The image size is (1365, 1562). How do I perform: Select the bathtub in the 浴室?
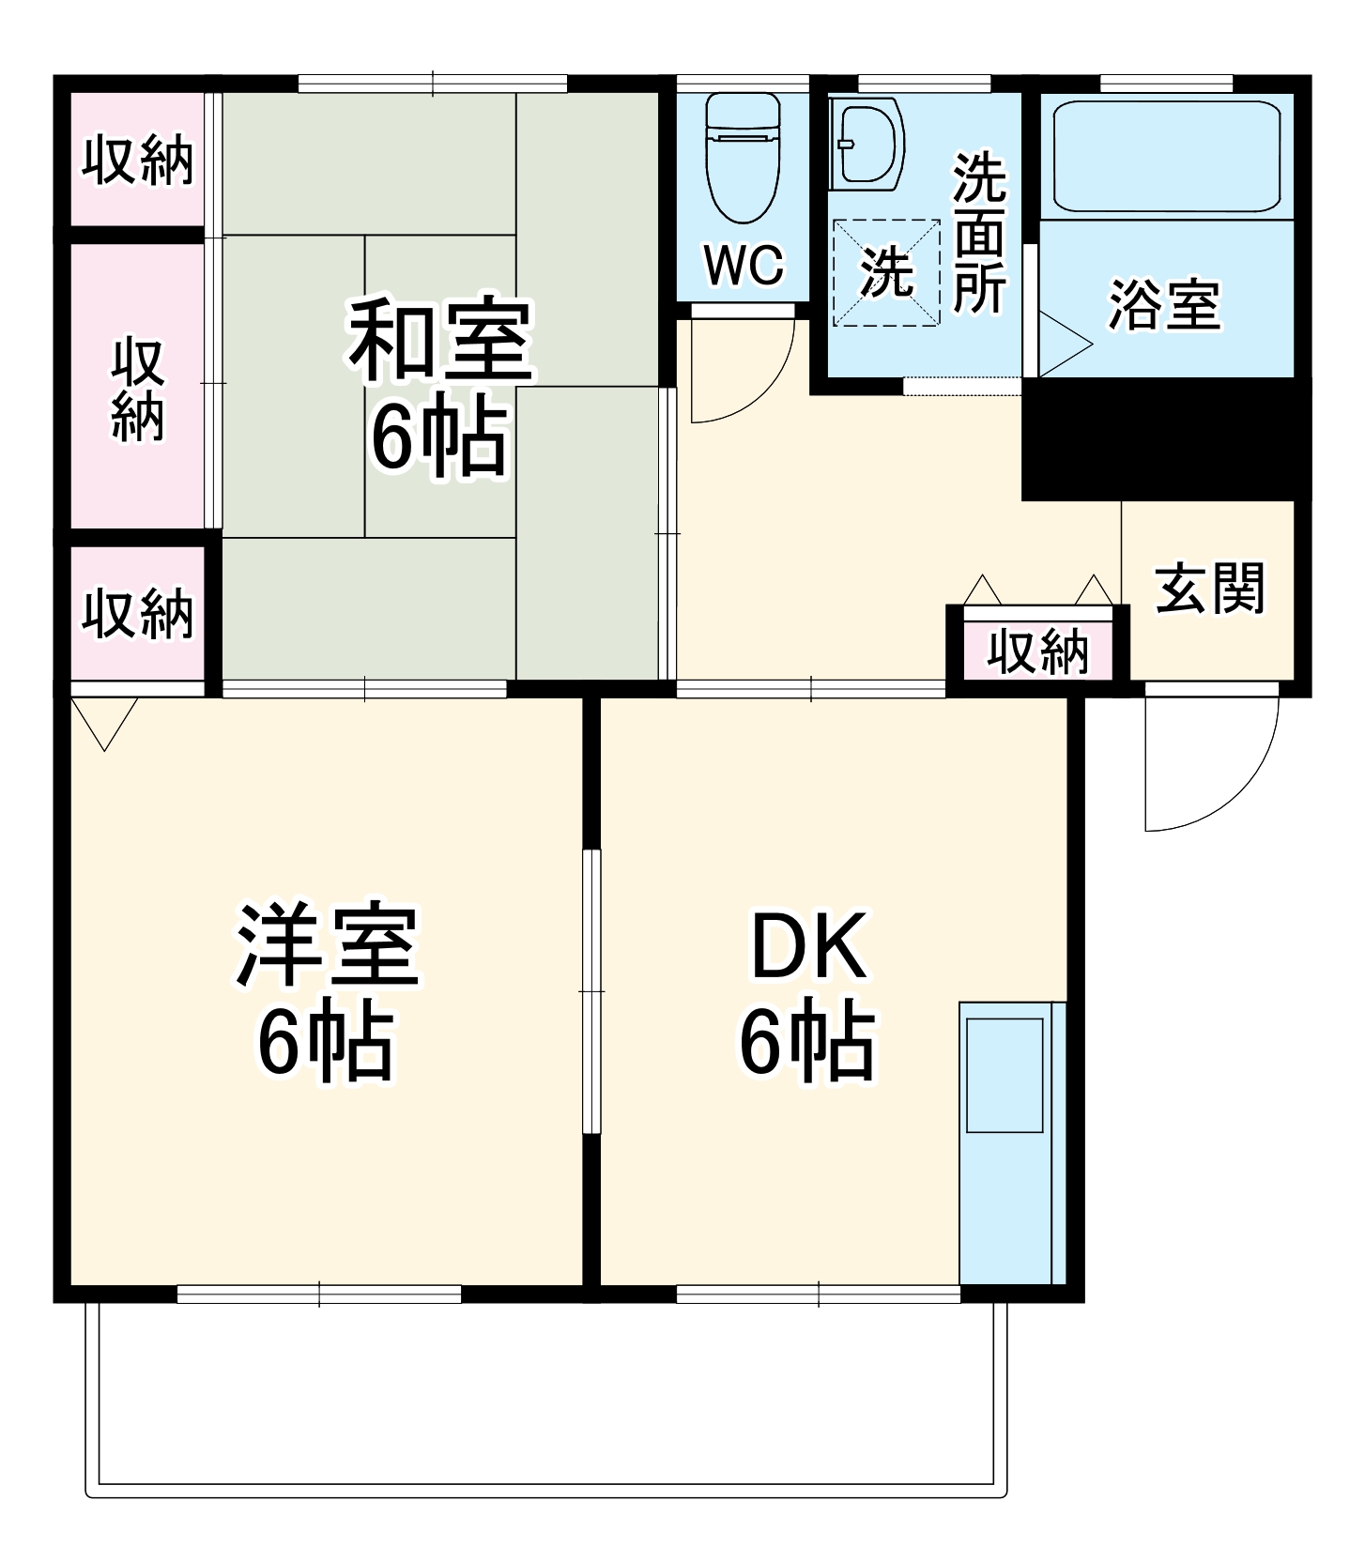[1166, 157]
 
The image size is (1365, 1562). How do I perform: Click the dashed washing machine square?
[886, 272]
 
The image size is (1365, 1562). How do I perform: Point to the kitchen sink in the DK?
[1005, 1075]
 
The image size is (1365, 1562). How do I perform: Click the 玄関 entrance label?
[1210, 589]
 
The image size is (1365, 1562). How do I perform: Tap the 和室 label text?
[440, 340]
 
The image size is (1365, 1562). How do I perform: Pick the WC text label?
[744, 266]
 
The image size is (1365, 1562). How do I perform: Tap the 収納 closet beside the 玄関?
[1037, 651]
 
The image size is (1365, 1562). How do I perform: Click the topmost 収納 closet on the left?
[138, 160]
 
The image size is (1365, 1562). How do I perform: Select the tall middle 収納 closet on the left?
[138, 387]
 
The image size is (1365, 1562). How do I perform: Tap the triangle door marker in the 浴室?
[1061, 345]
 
